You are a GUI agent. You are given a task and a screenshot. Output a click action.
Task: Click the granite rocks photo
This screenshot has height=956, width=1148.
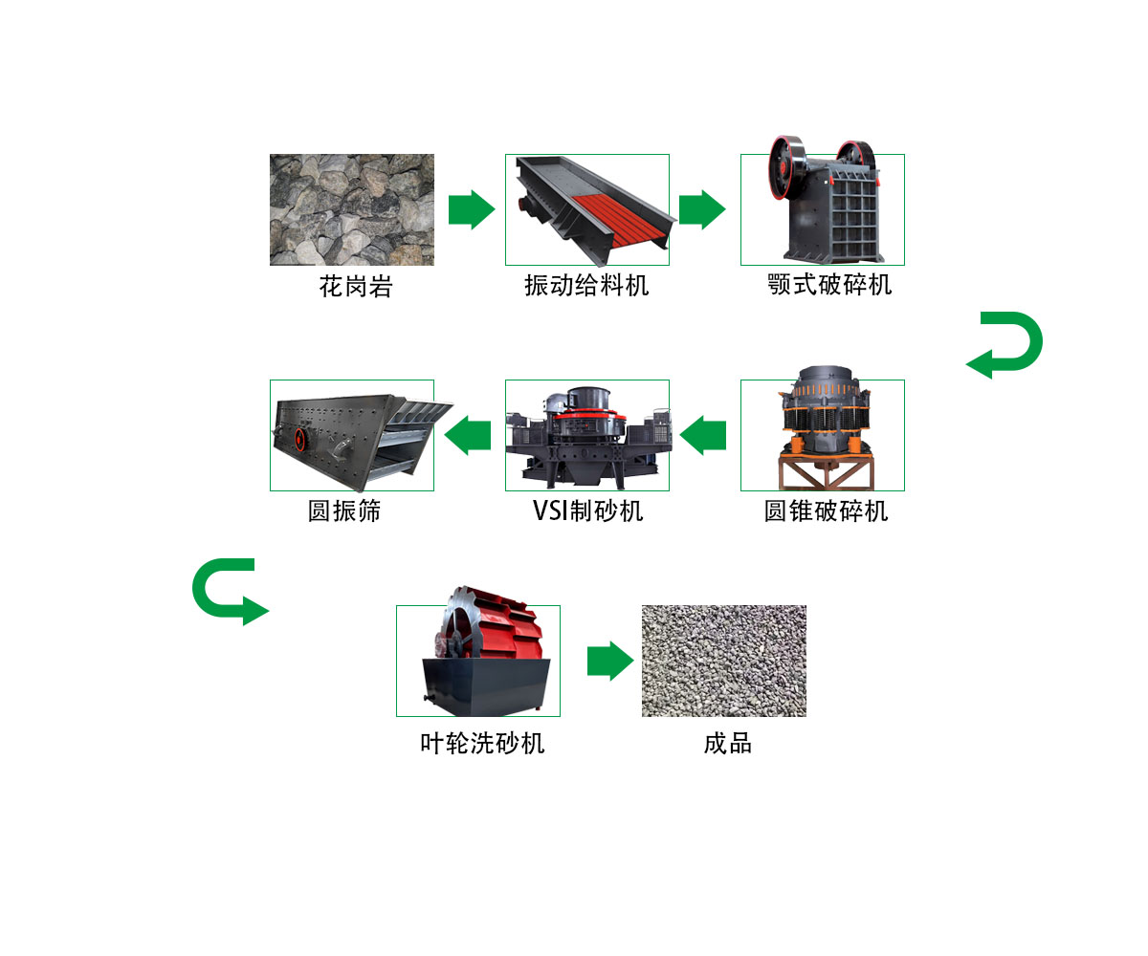[351, 209]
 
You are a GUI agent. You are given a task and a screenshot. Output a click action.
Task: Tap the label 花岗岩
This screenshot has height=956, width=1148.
[355, 286]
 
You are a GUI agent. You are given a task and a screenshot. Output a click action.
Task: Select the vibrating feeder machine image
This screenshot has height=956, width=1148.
[586, 209]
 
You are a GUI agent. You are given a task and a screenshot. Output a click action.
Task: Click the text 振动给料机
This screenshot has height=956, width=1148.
[585, 285]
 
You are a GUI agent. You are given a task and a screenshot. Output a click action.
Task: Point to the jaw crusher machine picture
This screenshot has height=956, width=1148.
[823, 206]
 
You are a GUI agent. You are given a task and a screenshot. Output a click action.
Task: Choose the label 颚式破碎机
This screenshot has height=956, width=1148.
[829, 284]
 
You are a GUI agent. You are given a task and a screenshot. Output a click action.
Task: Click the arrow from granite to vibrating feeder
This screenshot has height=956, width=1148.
[471, 209]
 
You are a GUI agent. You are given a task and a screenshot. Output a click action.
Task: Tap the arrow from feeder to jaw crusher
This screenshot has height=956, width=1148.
[703, 209]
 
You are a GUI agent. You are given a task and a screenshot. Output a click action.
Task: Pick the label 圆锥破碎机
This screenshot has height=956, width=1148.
[826, 511]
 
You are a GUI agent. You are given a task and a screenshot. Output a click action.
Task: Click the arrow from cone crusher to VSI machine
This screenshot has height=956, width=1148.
[704, 435]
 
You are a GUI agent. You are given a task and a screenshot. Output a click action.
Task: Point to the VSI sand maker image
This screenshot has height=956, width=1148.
[586, 435]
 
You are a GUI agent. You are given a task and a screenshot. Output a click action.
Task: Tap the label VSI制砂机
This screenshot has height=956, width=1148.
[587, 511]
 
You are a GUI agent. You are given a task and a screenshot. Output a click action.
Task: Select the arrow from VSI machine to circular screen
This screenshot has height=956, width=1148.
[469, 435]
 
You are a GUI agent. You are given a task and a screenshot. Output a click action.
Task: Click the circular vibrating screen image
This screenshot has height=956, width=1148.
[351, 435]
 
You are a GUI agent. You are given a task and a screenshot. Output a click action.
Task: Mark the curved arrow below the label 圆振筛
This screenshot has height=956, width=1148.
[228, 591]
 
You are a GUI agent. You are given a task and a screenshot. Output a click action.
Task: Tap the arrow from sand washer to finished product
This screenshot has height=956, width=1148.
[609, 661]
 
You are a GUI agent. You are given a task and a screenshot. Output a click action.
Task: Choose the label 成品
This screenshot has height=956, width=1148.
[727, 743]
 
